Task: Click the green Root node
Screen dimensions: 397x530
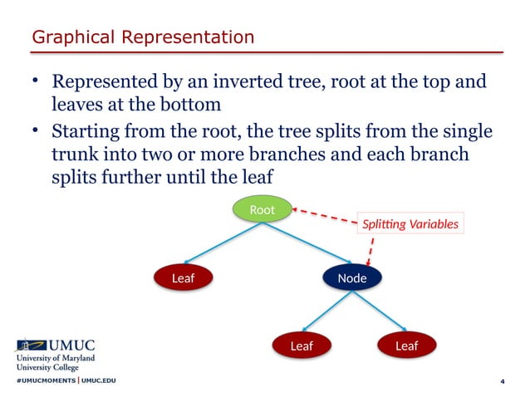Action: (x=262, y=210)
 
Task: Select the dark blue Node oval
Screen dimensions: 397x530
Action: (x=351, y=278)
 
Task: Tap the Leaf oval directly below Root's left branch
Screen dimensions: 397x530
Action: (x=183, y=278)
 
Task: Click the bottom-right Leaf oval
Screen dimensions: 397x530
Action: (x=406, y=346)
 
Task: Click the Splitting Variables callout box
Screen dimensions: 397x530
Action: (x=409, y=223)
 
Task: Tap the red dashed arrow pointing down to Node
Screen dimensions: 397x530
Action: (x=370, y=250)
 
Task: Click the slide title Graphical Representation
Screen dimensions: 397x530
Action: (x=142, y=37)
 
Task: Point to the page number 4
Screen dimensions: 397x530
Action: (x=502, y=381)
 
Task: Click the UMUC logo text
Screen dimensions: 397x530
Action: (x=73, y=345)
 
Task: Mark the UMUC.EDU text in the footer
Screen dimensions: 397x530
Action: (x=99, y=380)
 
